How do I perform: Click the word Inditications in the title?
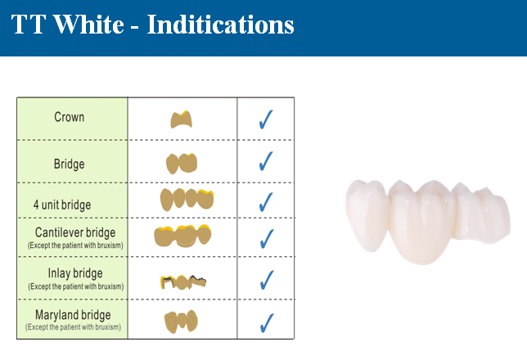220,25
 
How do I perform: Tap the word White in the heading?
88,25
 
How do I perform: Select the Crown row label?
70,117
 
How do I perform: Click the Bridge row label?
70,164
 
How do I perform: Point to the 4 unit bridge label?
62,205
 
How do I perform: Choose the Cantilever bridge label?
75,232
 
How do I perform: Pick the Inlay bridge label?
75,273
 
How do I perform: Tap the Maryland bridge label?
73,315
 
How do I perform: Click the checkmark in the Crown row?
266,119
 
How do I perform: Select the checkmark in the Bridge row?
266,161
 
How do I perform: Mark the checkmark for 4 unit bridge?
266,202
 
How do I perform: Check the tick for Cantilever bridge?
267,239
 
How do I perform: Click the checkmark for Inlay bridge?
267,280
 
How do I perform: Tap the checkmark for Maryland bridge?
267,323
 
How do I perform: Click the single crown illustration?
182,119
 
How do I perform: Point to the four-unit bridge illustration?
187,200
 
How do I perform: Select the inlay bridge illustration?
183,282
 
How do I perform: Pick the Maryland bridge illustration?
181,322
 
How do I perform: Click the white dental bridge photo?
428,222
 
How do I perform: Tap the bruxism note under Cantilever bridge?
75,245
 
